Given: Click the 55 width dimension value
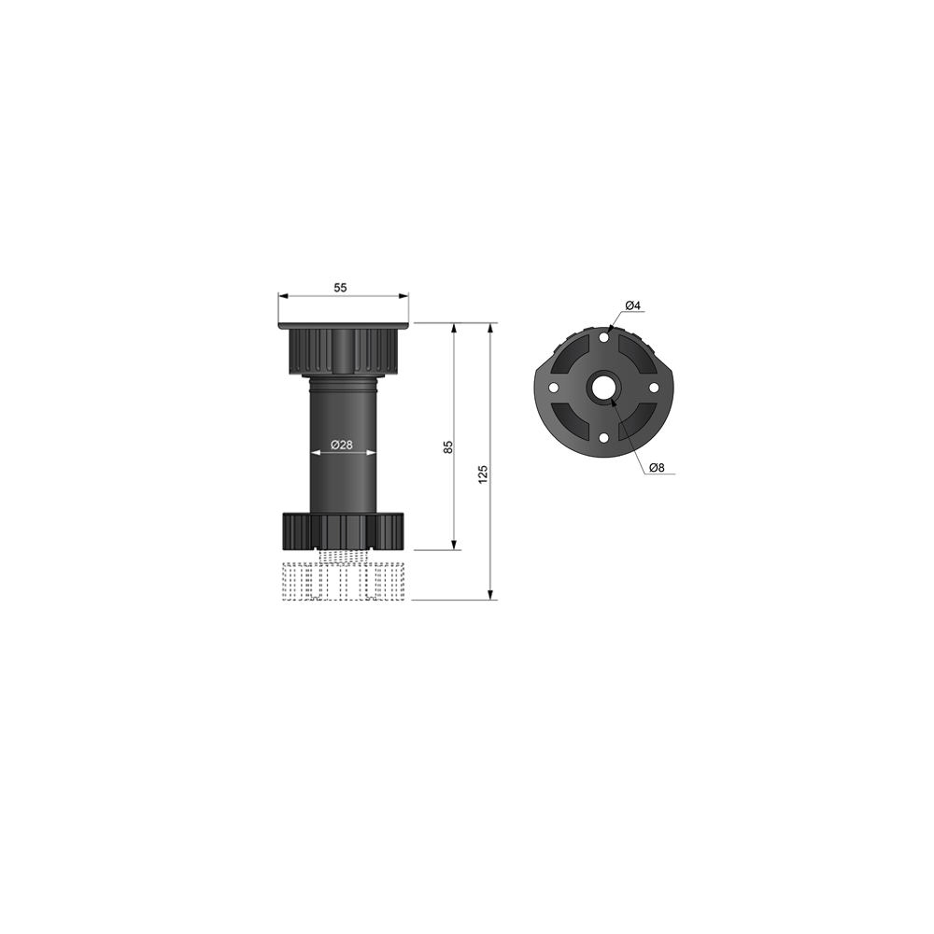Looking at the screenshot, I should [340, 288].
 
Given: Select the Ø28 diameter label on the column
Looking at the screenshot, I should [343, 445].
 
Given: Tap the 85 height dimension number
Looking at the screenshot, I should [448, 446].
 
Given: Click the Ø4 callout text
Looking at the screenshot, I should [631, 305].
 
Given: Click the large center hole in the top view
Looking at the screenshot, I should [602, 387].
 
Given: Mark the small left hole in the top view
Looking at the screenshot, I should [553, 387].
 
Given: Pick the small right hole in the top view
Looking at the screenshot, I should [653, 387].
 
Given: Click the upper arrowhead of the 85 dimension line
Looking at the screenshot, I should [454, 329].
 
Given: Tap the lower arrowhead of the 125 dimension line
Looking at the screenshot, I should [490, 594].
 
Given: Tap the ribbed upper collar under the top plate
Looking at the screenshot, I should [344, 349].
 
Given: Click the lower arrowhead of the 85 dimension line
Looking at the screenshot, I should [454, 545].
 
